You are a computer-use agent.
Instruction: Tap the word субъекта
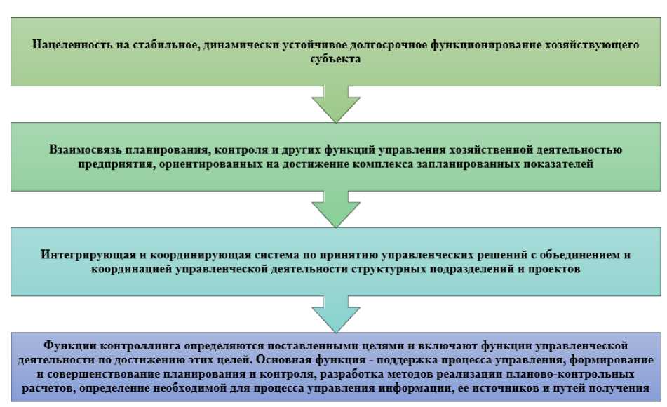337,60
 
